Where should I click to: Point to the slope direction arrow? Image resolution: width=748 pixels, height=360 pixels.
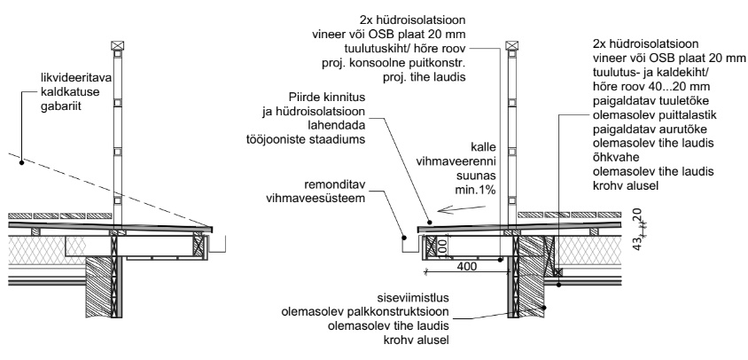coord(464,210)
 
